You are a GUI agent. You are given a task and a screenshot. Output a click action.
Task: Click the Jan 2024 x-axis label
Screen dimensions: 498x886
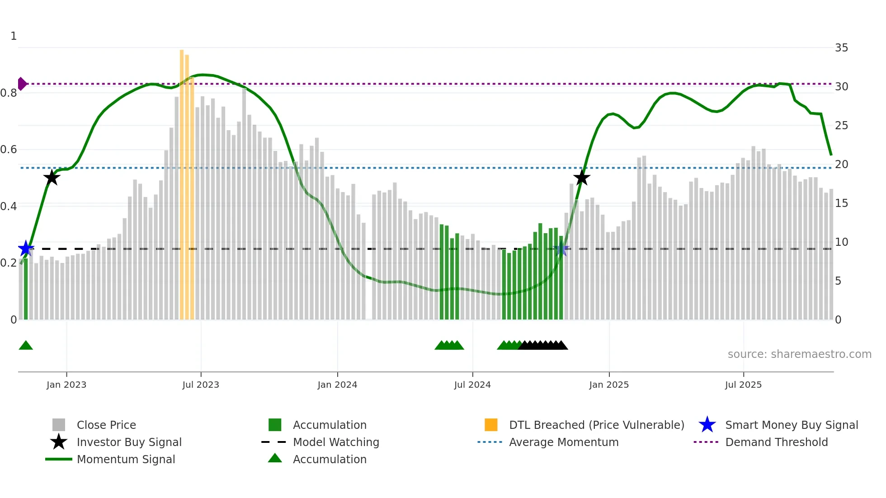[337, 385]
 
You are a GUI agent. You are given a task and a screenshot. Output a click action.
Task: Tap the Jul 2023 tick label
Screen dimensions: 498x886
[201, 385]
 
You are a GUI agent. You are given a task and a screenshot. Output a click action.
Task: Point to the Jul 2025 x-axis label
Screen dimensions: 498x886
[743, 385]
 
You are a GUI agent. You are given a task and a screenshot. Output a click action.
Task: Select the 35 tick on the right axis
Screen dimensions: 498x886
[841, 48]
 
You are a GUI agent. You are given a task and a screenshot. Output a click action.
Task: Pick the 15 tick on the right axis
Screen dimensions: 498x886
[841, 203]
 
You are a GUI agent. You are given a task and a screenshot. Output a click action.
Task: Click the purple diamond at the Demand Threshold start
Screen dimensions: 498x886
[22, 84]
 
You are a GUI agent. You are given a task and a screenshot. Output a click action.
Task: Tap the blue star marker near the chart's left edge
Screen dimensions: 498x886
[26, 249]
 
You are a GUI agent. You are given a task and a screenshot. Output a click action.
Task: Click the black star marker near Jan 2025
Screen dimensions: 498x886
[582, 178]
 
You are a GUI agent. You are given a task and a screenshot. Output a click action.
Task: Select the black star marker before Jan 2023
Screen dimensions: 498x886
[52, 178]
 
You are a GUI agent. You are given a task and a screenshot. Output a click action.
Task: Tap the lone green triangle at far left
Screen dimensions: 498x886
[26, 346]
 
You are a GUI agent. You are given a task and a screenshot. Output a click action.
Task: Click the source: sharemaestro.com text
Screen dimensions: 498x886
[799, 354]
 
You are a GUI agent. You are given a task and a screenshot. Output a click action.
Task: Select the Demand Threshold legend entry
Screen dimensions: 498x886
[776, 442]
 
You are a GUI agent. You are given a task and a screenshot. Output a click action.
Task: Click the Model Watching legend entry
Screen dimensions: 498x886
[335, 442]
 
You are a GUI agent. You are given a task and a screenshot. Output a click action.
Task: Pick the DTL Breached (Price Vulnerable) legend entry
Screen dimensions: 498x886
[596, 425]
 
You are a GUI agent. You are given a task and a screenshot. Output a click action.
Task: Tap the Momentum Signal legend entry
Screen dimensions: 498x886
[126, 459]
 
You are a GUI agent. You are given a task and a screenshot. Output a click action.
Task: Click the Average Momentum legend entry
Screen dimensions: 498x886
[563, 442]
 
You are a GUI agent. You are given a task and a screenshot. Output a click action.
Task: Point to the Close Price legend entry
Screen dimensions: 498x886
[106, 425]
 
